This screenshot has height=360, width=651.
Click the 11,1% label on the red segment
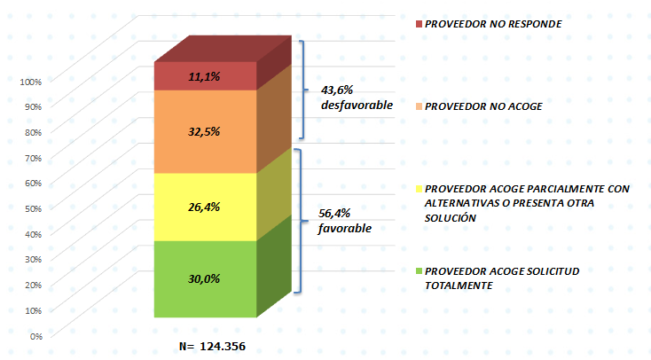coord(204,76)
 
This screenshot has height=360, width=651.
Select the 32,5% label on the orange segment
coord(204,131)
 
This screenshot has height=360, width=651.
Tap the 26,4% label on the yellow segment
coord(204,207)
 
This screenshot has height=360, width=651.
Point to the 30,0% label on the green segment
coord(204,278)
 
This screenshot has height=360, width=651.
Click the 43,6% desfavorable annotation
coord(357,98)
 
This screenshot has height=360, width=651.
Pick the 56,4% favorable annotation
coord(345,221)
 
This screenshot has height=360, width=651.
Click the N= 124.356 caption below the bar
coord(212,347)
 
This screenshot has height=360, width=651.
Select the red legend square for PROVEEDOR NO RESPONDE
coord(419,24)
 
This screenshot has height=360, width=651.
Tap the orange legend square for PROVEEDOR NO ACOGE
coord(419,106)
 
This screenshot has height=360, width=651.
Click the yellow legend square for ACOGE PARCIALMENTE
coord(419,189)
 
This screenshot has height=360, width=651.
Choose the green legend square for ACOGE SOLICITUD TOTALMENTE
coord(419,271)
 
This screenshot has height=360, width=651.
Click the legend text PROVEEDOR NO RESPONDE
coord(493,24)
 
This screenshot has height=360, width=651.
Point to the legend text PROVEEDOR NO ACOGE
coord(483,106)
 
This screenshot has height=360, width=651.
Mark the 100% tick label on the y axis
coord(31,82)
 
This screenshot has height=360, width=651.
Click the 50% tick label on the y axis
coord(33,209)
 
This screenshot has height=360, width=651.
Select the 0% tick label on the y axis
coord(36,336)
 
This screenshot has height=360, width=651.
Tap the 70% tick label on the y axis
coord(33,158)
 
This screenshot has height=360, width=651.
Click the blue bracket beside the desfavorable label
coord(304,90)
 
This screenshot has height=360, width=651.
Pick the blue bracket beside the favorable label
coord(301,221)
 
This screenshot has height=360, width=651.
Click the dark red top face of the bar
coord(223,49)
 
